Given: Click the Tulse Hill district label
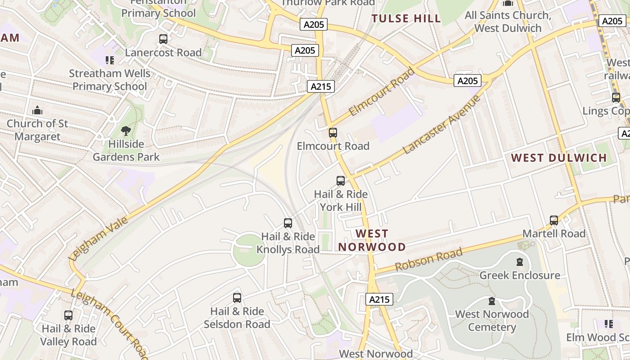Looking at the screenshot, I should [406, 18].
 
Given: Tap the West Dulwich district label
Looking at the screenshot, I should [559, 158].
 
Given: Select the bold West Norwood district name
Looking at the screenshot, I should [372, 240].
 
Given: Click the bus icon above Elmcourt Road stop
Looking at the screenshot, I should [333, 133].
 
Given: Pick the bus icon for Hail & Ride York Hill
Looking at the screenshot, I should [341, 181].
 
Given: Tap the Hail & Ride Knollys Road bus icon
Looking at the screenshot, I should [288, 223].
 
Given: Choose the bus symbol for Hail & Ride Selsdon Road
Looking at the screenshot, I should [237, 297].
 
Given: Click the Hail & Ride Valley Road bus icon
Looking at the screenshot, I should [68, 315].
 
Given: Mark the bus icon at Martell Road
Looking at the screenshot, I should [554, 220].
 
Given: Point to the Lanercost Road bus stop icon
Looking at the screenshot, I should [163, 39].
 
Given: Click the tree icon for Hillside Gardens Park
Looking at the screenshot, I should [126, 131].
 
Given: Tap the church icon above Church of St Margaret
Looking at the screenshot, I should [37, 110].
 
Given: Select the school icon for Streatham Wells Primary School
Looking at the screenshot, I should [110, 60].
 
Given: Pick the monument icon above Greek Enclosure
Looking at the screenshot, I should [520, 261].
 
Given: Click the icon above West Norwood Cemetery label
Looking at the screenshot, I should [492, 301].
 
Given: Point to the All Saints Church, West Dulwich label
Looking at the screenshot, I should [508, 22].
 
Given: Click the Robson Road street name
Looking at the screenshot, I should [428, 260].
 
